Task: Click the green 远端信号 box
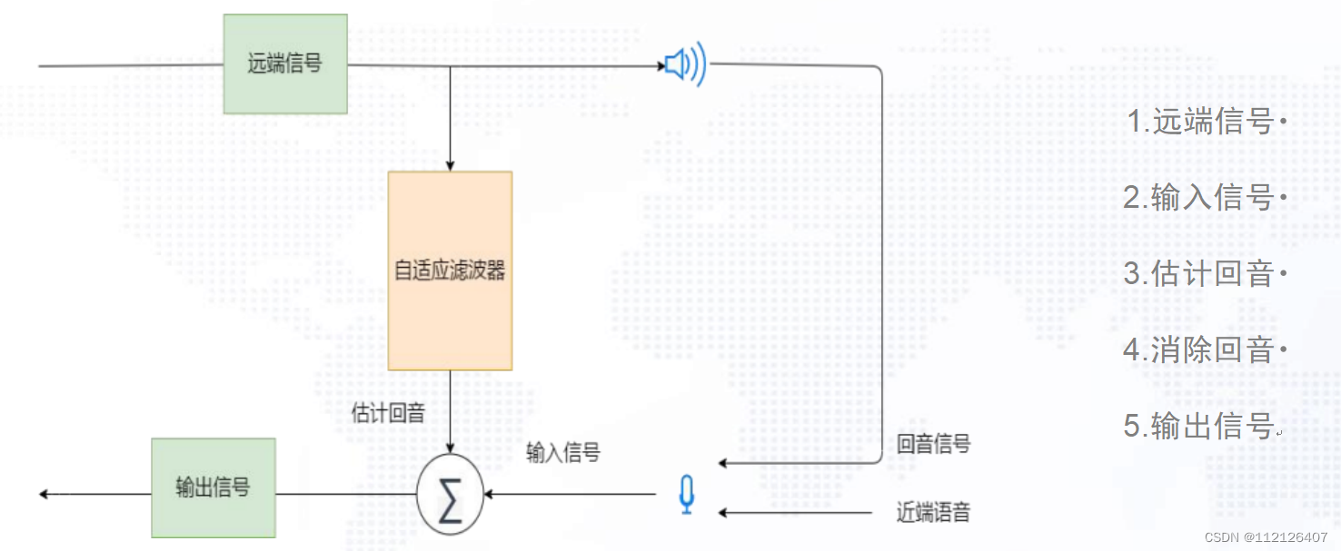coord(285,64)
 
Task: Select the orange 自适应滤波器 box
coord(450,271)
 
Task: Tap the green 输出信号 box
coord(213,487)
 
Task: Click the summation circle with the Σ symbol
coord(450,497)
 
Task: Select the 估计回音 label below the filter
coord(388,414)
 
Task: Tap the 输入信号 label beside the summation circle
coord(563,452)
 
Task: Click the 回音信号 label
coord(933,444)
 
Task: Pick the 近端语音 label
coord(933,512)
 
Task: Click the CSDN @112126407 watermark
coord(1266,537)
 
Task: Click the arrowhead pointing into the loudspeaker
coord(661,65)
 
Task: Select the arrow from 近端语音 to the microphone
coord(795,513)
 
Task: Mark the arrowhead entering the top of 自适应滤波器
coord(450,165)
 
